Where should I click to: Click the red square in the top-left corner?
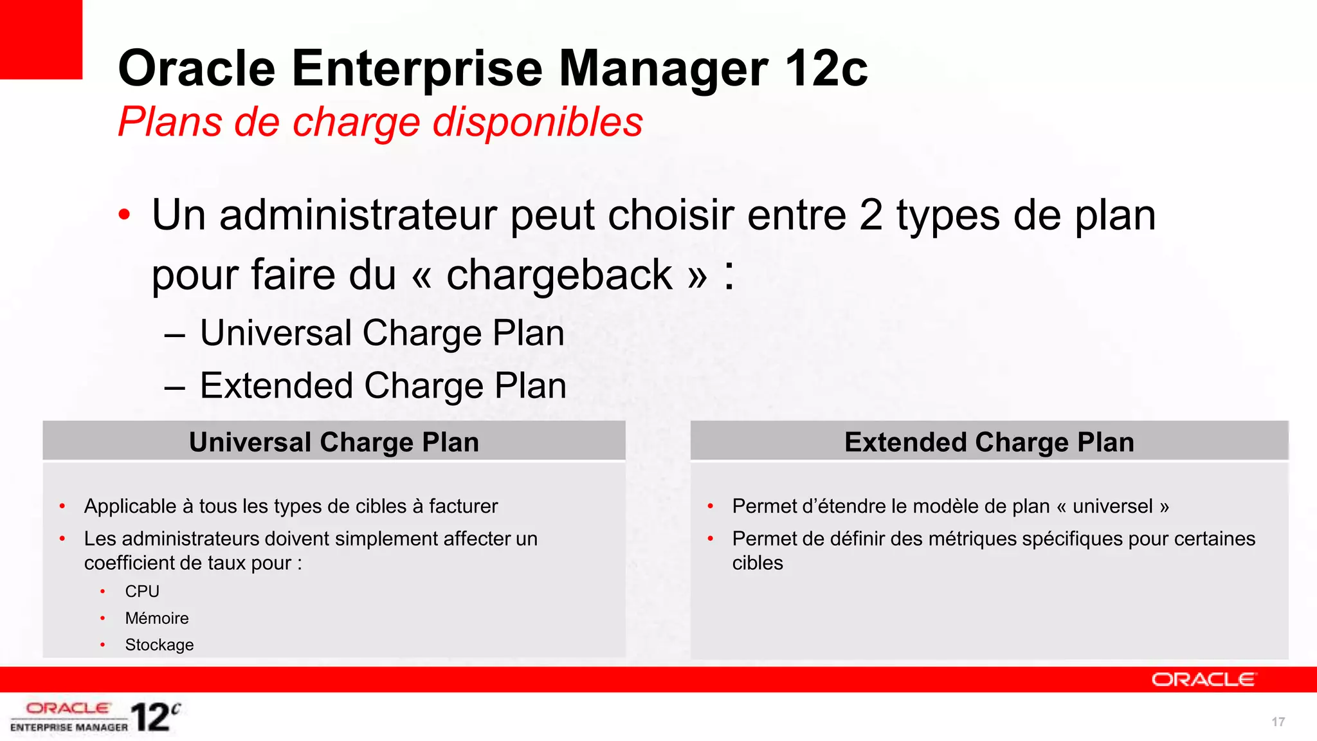coord(41,39)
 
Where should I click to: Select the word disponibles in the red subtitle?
coord(538,122)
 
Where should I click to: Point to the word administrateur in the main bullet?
coord(358,215)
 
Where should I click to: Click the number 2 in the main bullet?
coord(871,215)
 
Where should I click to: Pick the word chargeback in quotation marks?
coord(559,275)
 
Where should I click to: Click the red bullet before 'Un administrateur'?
coord(125,215)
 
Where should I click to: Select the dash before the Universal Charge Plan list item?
coord(174,334)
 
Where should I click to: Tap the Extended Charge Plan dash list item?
coord(383,386)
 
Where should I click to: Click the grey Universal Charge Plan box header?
coord(334,442)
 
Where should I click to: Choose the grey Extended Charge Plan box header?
coord(989,442)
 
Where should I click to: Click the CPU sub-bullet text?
coord(142,591)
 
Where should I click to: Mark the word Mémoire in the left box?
coord(157,618)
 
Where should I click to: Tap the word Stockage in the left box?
coord(159,645)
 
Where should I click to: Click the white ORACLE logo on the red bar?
coord(1203,680)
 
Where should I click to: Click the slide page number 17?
coord(1278,722)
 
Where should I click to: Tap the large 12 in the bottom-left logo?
coord(150,717)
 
